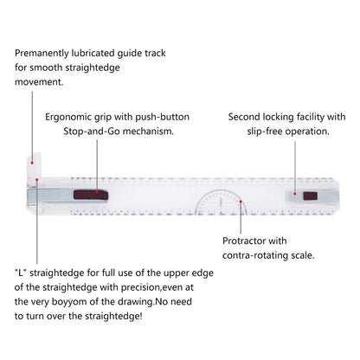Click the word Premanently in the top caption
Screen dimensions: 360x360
tap(42, 54)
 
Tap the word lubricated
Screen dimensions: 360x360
tap(93, 53)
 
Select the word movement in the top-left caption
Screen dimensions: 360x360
tap(38, 82)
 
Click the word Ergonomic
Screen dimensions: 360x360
tap(64, 118)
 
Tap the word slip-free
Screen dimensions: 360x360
tap(265, 132)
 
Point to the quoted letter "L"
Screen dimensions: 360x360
tap(21, 273)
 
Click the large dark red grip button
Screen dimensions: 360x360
tap(91, 195)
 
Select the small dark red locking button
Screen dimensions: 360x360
tap(311, 196)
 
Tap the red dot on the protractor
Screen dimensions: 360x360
tap(241, 202)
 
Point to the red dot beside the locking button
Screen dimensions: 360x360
tap(294, 194)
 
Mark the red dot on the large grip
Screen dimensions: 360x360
tap(97, 191)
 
